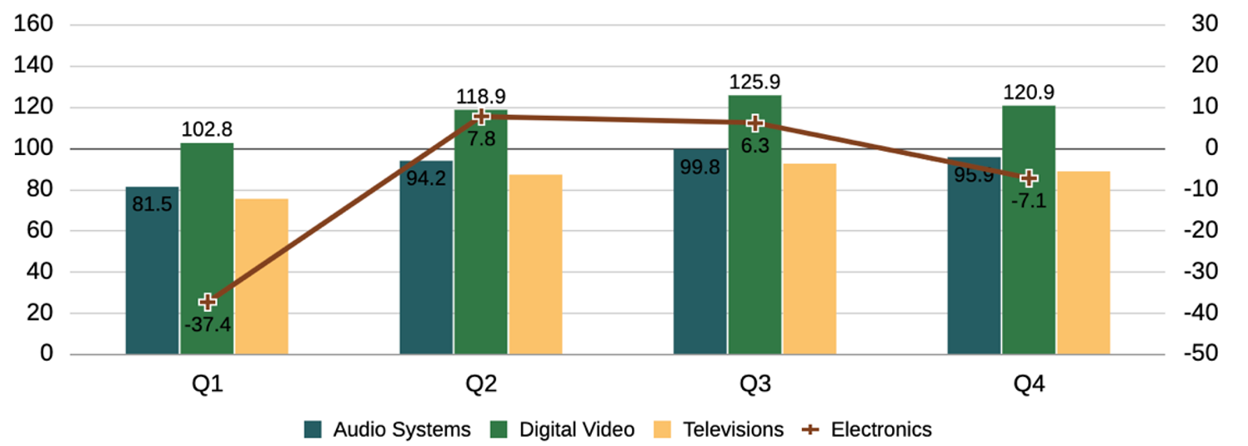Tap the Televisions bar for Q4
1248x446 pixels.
coord(1083,263)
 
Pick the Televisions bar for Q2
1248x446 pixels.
coord(535,264)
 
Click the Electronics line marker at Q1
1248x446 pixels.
coord(208,302)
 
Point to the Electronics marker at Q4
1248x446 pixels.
coord(1029,178)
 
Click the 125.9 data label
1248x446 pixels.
coord(754,83)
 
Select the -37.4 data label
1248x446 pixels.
coord(208,324)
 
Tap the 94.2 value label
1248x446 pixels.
coord(426,179)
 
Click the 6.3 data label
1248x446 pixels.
coord(754,147)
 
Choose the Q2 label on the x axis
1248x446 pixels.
coord(481,384)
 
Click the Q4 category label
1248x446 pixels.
coord(1029,384)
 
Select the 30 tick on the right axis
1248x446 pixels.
coord(1205,24)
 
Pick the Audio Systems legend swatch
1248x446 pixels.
coord(313,429)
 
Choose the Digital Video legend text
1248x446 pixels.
coord(577,429)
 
